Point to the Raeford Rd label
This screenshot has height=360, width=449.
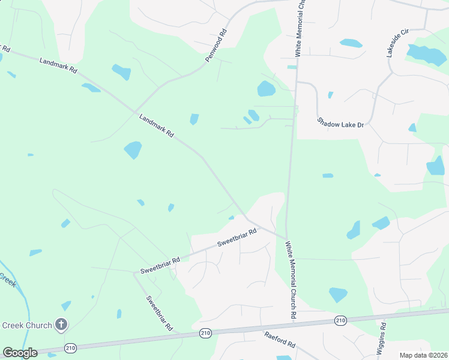[x=280, y=341]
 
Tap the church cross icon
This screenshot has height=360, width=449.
[x=61, y=325]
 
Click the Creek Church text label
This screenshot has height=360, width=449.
[x=26, y=325]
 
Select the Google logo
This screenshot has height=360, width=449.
[x=20, y=353]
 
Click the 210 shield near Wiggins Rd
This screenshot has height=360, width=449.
[x=340, y=321]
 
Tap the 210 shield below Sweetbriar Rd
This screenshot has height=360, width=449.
[x=206, y=333]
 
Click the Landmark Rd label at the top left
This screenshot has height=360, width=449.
[x=58, y=65]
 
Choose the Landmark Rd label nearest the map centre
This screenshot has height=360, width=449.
[x=156, y=126]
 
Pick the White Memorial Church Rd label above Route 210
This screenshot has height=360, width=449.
[x=291, y=279]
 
